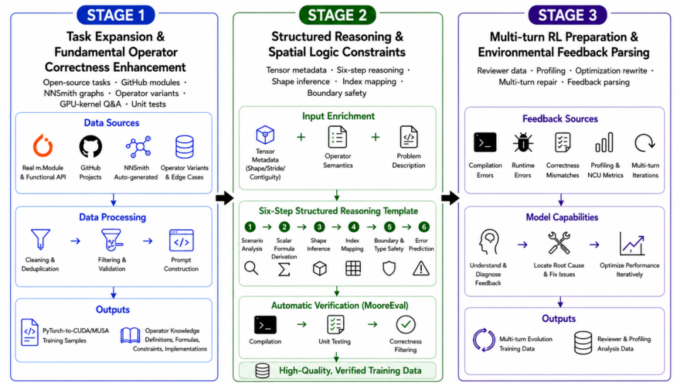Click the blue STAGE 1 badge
click(x=116, y=15)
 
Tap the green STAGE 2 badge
click(x=337, y=15)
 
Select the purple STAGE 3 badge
click(x=567, y=15)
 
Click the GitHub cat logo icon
click(x=91, y=146)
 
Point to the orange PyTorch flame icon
click(x=43, y=146)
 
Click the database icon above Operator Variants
click(x=184, y=147)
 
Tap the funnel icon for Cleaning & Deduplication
click(x=40, y=239)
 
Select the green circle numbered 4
click(x=353, y=227)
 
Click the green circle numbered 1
click(x=250, y=227)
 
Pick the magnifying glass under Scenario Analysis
click(x=251, y=268)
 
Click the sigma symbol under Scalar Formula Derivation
click(x=284, y=269)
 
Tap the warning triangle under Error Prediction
click(x=421, y=268)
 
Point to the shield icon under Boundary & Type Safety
click(x=389, y=268)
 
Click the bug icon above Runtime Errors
click(x=523, y=143)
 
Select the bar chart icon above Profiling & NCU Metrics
click(x=604, y=143)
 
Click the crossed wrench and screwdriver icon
click(x=558, y=243)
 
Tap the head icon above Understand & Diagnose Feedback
click(x=489, y=242)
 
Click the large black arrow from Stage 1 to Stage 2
click(x=225, y=198)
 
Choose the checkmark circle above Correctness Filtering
click(x=405, y=324)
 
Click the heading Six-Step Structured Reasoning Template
click(x=338, y=211)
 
